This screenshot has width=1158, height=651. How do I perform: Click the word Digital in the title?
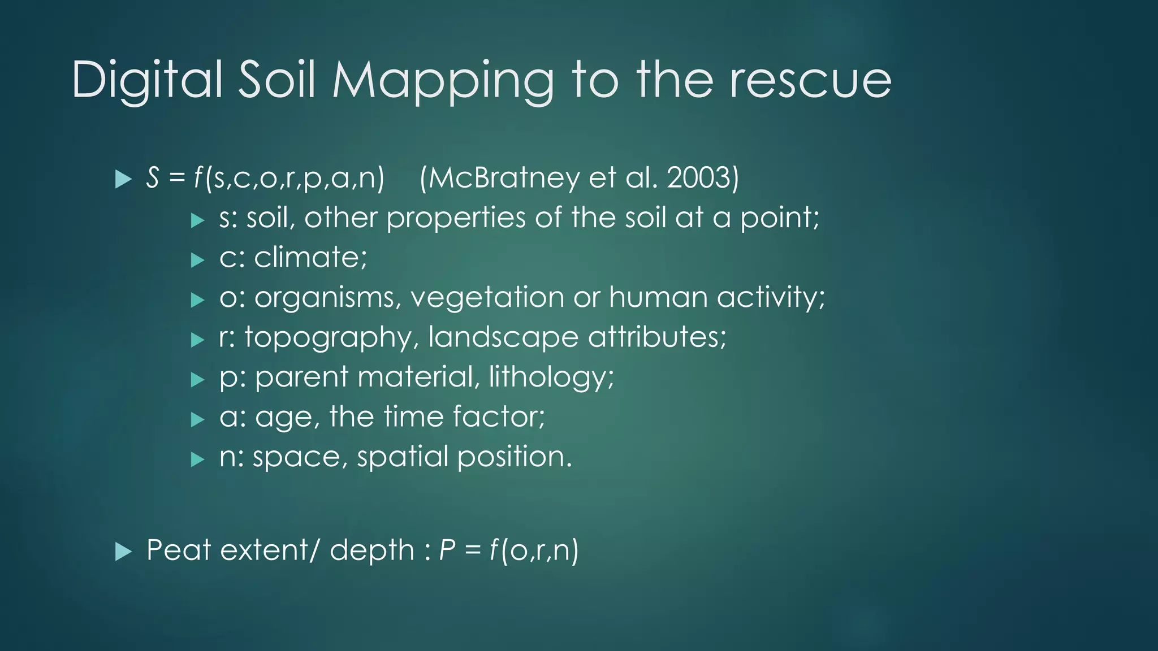click(x=147, y=80)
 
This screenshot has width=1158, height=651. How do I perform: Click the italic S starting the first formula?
click(x=152, y=178)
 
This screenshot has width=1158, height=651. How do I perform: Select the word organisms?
click(x=327, y=298)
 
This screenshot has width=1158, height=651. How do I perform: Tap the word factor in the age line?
click(x=498, y=417)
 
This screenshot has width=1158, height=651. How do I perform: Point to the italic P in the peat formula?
click(x=447, y=550)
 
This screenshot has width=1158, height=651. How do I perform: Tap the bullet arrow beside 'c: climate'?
click(x=197, y=260)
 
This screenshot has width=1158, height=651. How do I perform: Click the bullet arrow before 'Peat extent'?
click(x=123, y=552)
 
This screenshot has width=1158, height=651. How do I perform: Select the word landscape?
click(x=503, y=338)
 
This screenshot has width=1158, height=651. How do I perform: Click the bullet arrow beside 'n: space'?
click(x=197, y=459)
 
